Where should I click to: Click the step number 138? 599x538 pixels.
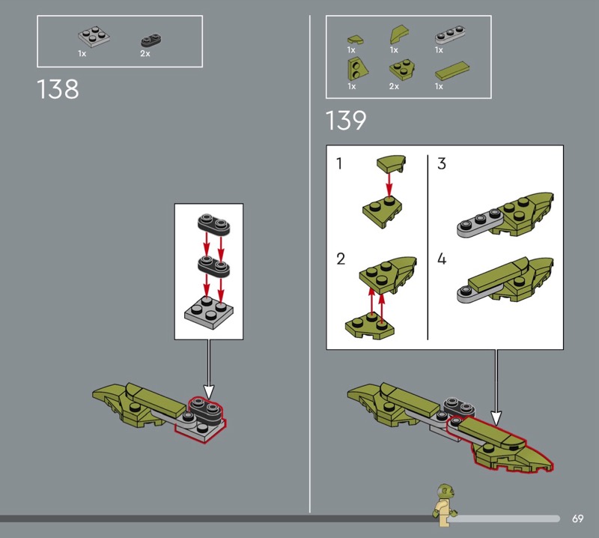[x=58, y=89]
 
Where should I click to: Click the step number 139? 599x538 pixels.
[x=346, y=120]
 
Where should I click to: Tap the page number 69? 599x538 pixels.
[x=577, y=519]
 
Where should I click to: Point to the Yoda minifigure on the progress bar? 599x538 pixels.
[x=445, y=505]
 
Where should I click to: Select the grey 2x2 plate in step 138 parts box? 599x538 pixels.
[x=94, y=36]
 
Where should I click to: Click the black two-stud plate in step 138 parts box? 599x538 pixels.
[x=151, y=40]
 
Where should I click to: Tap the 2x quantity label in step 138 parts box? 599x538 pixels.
[x=145, y=53]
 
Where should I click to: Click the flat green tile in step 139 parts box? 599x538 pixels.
[x=452, y=71]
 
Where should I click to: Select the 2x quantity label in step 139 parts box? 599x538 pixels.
[x=394, y=86]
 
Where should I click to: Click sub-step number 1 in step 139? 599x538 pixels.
[x=339, y=163]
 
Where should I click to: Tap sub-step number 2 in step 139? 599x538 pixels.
[x=341, y=259]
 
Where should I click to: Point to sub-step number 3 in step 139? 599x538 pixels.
[x=442, y=163]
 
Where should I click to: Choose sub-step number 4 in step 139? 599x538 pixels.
[x=442, y=259]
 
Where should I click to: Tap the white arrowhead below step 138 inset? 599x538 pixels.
[x=209, y=391]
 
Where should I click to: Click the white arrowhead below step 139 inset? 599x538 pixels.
[x=496, y=418]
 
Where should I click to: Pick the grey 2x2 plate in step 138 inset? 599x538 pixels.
[x=209, y=312]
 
